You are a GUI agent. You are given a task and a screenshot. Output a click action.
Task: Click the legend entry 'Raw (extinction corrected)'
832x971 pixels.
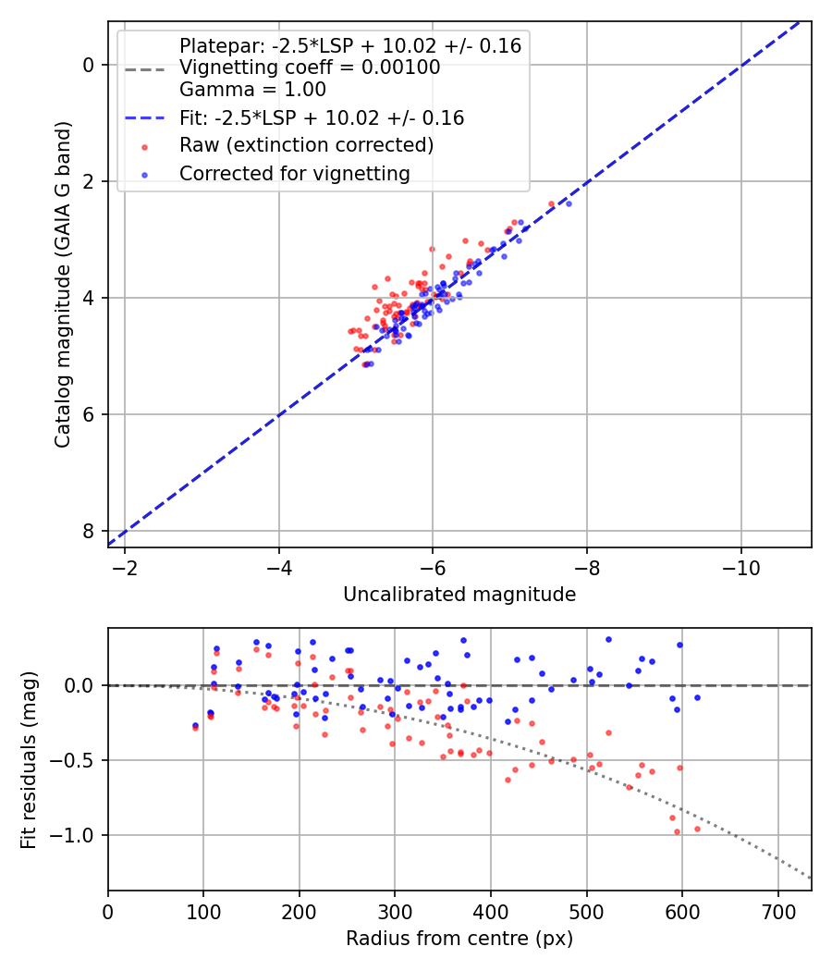[x=306, y=145]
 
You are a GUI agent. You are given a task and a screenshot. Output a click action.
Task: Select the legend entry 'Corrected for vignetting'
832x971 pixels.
[x=295, y=173]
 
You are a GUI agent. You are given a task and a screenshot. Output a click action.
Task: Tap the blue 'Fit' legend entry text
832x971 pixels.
[x=322, y=118]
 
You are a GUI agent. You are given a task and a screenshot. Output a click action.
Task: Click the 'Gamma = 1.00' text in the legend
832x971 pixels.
[x=252, y=90]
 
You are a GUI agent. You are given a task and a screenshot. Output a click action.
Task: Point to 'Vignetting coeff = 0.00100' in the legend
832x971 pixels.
[x=310, y=68]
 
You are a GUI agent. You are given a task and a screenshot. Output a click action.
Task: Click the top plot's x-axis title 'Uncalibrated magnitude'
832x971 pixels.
[x=459, y=595]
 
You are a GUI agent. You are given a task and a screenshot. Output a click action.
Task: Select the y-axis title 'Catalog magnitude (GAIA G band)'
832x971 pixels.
[x=63, y=284]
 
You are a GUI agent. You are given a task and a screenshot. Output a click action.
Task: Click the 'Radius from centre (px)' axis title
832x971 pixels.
[x=459, y=939]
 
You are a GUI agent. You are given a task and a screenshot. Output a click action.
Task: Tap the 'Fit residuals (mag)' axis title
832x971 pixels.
[x=30, y=759]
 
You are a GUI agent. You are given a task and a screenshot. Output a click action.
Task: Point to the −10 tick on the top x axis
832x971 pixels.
[x=740, y=567]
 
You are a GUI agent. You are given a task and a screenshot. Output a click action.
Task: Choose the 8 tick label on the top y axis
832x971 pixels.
[x=89, y=531]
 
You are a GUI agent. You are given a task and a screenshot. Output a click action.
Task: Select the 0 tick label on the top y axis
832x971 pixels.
[x=89, y=65]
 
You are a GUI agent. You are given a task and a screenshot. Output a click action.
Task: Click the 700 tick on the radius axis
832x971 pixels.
[x=777, y=911]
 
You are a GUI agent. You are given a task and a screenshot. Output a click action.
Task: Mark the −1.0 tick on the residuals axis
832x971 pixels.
[x=79, y=835]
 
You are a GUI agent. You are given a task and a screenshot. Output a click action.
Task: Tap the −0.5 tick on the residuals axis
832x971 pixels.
[x=79, y=760]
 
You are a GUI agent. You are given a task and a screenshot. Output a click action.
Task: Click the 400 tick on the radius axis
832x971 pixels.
[x=491, y=911]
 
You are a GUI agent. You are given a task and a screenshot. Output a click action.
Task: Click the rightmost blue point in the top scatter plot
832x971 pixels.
[x=569, y=203]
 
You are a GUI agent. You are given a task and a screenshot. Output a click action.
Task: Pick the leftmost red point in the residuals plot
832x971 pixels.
[x=195, y=728]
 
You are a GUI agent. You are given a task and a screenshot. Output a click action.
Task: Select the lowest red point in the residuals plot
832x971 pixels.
[x=677, y=831]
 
